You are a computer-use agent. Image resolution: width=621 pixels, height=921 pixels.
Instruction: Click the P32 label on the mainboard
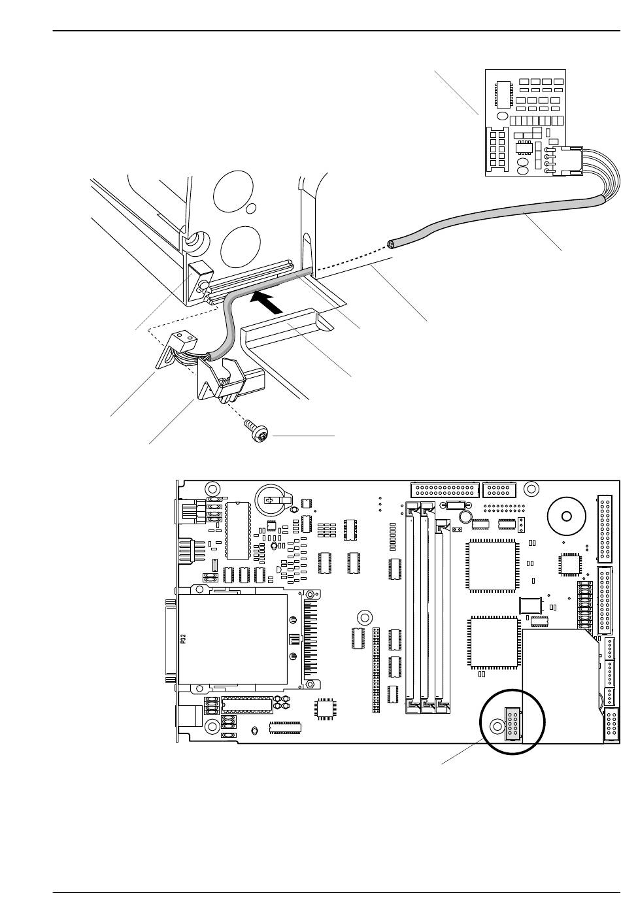point(184,639)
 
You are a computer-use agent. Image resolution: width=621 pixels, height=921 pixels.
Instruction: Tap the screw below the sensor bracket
point(258,430)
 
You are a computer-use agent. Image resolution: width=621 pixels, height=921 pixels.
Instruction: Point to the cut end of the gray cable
point(391,244)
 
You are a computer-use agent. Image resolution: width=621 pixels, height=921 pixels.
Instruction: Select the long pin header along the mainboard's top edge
point(445,490)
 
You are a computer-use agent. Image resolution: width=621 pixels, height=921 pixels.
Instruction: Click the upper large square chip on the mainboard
point(492,566)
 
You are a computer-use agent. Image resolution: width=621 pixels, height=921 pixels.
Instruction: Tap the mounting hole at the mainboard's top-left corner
point(212,489)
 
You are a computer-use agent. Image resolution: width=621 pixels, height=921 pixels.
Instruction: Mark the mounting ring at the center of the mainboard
point(363,617)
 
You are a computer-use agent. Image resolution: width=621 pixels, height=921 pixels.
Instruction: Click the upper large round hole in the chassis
point(233,191)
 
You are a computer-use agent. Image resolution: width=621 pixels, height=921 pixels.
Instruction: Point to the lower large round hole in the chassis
point(241,246)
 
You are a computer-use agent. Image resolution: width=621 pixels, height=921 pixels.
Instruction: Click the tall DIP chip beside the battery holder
point(238,531)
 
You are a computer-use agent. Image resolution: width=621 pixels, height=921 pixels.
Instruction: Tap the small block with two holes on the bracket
point(183,339)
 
